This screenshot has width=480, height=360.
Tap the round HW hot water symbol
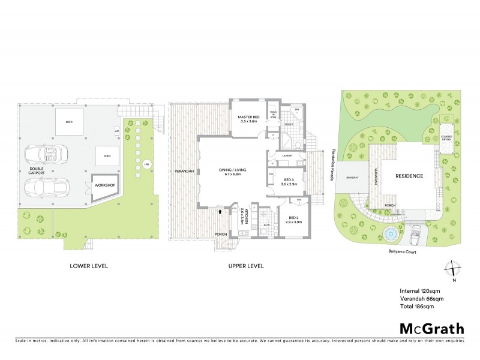tap(146, 164)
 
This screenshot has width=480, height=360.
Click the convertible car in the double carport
tap(41, 154)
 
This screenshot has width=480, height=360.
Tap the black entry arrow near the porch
tap(221, 211)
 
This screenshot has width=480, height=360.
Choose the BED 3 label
tap(289, 181)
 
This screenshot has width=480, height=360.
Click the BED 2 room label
tap(293, 219)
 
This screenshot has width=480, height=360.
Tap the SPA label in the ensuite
tap(296, 110)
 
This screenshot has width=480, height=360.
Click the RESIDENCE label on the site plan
tap(409, 176)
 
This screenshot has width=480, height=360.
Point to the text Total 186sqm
tap(416, 306)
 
